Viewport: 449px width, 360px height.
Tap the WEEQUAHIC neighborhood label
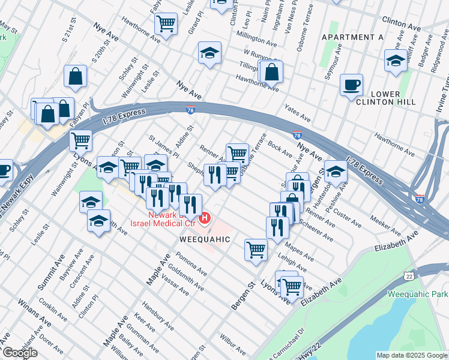[205, 239]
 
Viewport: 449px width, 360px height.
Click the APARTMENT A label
[352, 37]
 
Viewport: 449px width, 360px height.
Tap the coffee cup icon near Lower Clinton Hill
[351, 84]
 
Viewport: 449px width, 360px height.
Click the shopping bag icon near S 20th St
[76, 76]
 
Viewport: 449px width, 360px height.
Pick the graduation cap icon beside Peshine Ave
[336, 171]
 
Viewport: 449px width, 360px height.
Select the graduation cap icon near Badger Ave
[396, 61]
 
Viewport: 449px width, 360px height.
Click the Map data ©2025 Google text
[411, 355]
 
